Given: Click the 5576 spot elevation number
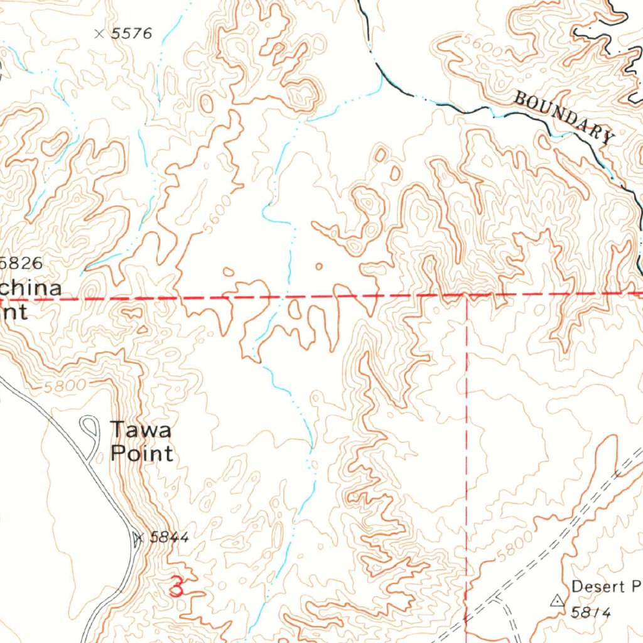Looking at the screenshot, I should coord(131,34).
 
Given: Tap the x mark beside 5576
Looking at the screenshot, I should coord(99,33).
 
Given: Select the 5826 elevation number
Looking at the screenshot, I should coord(23,263).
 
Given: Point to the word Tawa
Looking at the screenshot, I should coord(141,431).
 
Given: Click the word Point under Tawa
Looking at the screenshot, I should coord(142,453).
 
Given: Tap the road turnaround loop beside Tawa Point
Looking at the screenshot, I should coord(90,430).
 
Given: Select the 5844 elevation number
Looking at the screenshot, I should coord(170,538).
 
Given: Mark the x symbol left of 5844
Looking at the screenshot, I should coord(139,538).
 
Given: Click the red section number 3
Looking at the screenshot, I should coord(176,586).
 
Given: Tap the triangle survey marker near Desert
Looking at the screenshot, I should coord(556,601).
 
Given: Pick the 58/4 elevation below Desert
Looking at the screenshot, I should coord(591,612).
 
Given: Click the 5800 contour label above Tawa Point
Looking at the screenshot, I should coord(62,387).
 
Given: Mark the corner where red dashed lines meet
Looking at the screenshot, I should coord(467,295).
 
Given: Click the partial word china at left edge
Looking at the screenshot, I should coord(31,289).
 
